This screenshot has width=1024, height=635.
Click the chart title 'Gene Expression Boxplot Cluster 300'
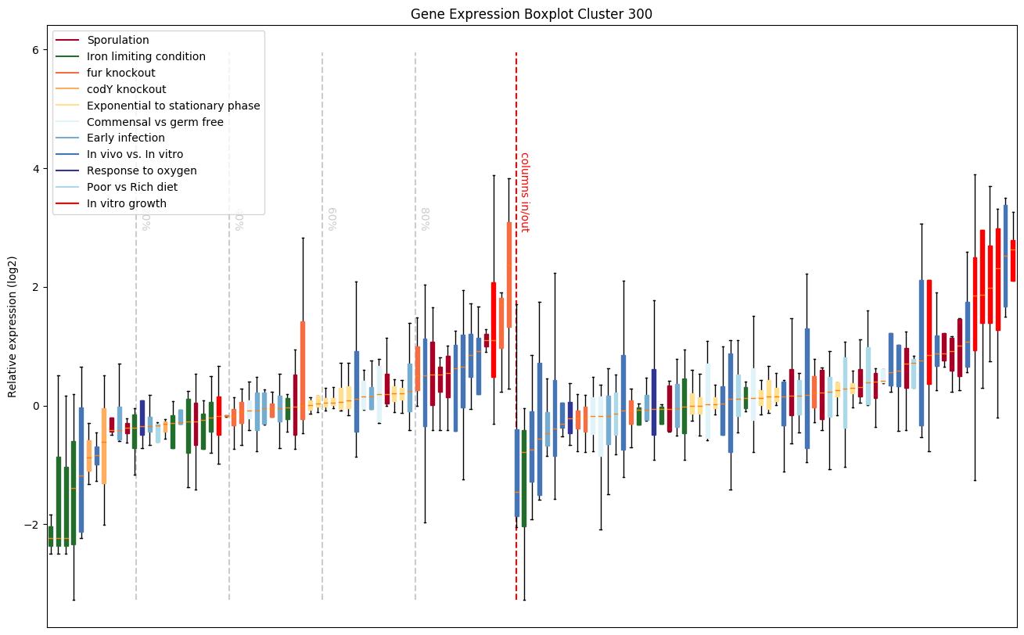tap(531, 14)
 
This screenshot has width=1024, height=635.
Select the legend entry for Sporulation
tap(118, 40)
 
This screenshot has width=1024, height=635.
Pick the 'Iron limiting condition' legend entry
tap(146, 56)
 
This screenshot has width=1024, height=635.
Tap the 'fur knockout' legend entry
tap(121, 73)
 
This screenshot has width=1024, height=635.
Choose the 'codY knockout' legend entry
tap(127, 89)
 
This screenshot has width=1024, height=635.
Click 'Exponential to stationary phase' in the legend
tap(174, 106)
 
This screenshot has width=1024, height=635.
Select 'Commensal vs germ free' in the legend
tap(155, 122)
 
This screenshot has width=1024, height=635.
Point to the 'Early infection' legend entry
tap(126, 138)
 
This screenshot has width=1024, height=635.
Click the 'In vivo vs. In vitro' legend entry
tap(135, 155)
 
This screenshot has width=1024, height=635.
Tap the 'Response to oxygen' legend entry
tap(142, 171)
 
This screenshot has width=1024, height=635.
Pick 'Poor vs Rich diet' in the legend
tap(132, 188)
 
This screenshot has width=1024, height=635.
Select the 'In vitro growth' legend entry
tap(127, 204)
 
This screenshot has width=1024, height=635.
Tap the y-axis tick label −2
tap(33, 524)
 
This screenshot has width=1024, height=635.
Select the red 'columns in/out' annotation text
tap(525, 192)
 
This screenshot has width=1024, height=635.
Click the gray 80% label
tap(425, 219)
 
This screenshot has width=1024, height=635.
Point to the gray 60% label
tap(332, 219)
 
